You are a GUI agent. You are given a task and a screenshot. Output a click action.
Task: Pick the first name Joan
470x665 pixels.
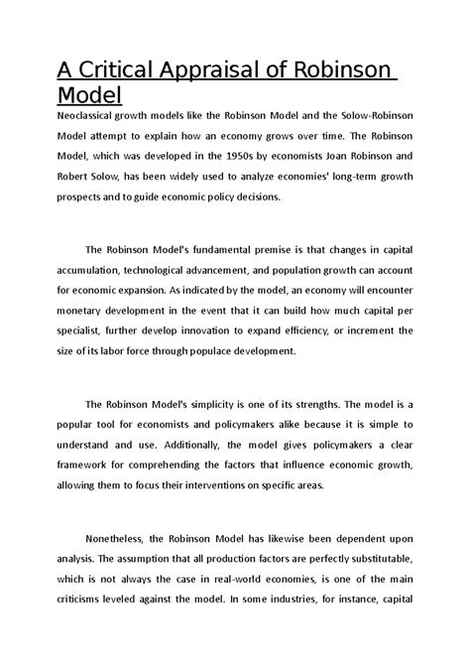tap(340, 157)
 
